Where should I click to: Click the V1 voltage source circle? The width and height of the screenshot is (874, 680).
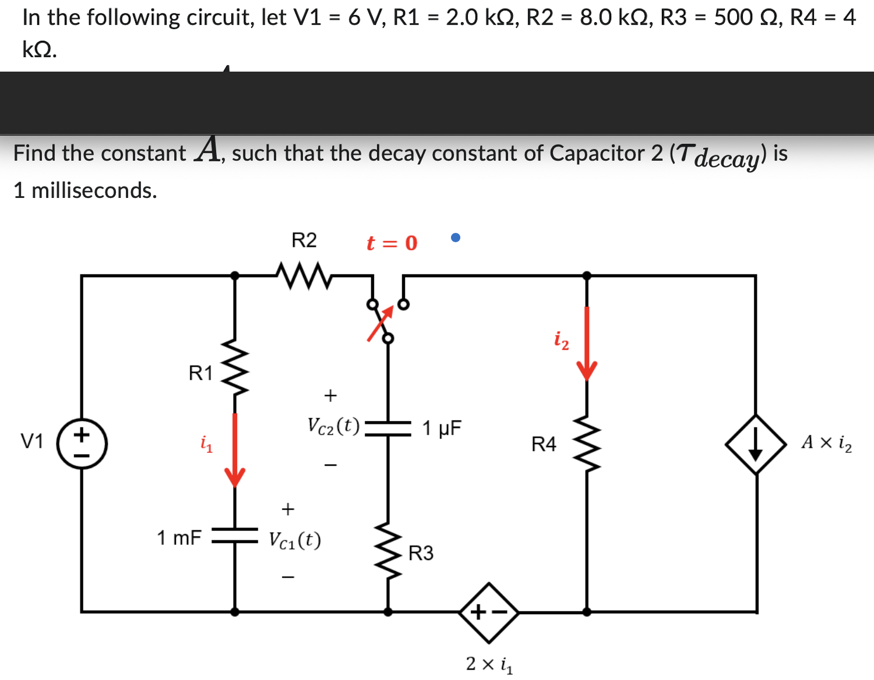click(x=82, y=444)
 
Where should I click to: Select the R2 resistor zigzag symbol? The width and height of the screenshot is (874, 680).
click(x=304, y=275)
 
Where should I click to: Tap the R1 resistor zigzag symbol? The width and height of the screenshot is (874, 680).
click(x=235, y=367)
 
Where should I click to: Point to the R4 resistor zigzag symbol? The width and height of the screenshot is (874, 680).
click(x=587, y=445)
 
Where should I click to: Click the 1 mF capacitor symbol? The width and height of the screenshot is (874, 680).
click(x=235, y=536)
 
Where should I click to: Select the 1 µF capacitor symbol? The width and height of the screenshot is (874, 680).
click(x=388, y=428)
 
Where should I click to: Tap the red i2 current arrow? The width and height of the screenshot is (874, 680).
click(x=587, y=343)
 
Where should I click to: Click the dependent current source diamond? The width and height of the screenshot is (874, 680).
click(x=756, y=444)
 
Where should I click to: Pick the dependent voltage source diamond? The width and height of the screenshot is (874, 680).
click(x=488, y=612)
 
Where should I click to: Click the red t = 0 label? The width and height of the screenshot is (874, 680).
click(x=392, y=243)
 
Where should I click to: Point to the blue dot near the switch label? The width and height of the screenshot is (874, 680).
click(x=456, y=237)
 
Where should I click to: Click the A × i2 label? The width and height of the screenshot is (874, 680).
click(x=826, y=443)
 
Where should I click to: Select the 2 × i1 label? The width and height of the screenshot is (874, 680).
click(x=489, y=664)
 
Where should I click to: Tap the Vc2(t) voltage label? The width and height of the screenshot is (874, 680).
click(x=333, y=426)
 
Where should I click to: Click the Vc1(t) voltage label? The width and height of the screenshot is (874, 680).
click(x=295, y=540)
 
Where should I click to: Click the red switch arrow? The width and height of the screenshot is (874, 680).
click(x=380, y=323)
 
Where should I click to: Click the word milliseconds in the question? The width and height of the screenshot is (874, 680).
click(x=94, y=190)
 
